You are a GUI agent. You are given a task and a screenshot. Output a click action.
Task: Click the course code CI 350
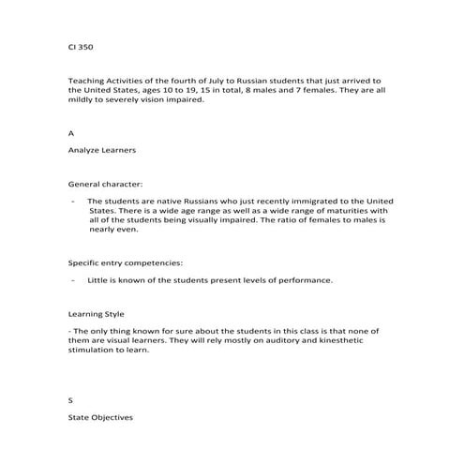click(81, 45)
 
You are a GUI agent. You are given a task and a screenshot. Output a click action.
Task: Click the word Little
click(98, 280)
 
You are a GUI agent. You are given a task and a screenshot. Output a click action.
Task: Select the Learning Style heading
click(96, 314)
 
